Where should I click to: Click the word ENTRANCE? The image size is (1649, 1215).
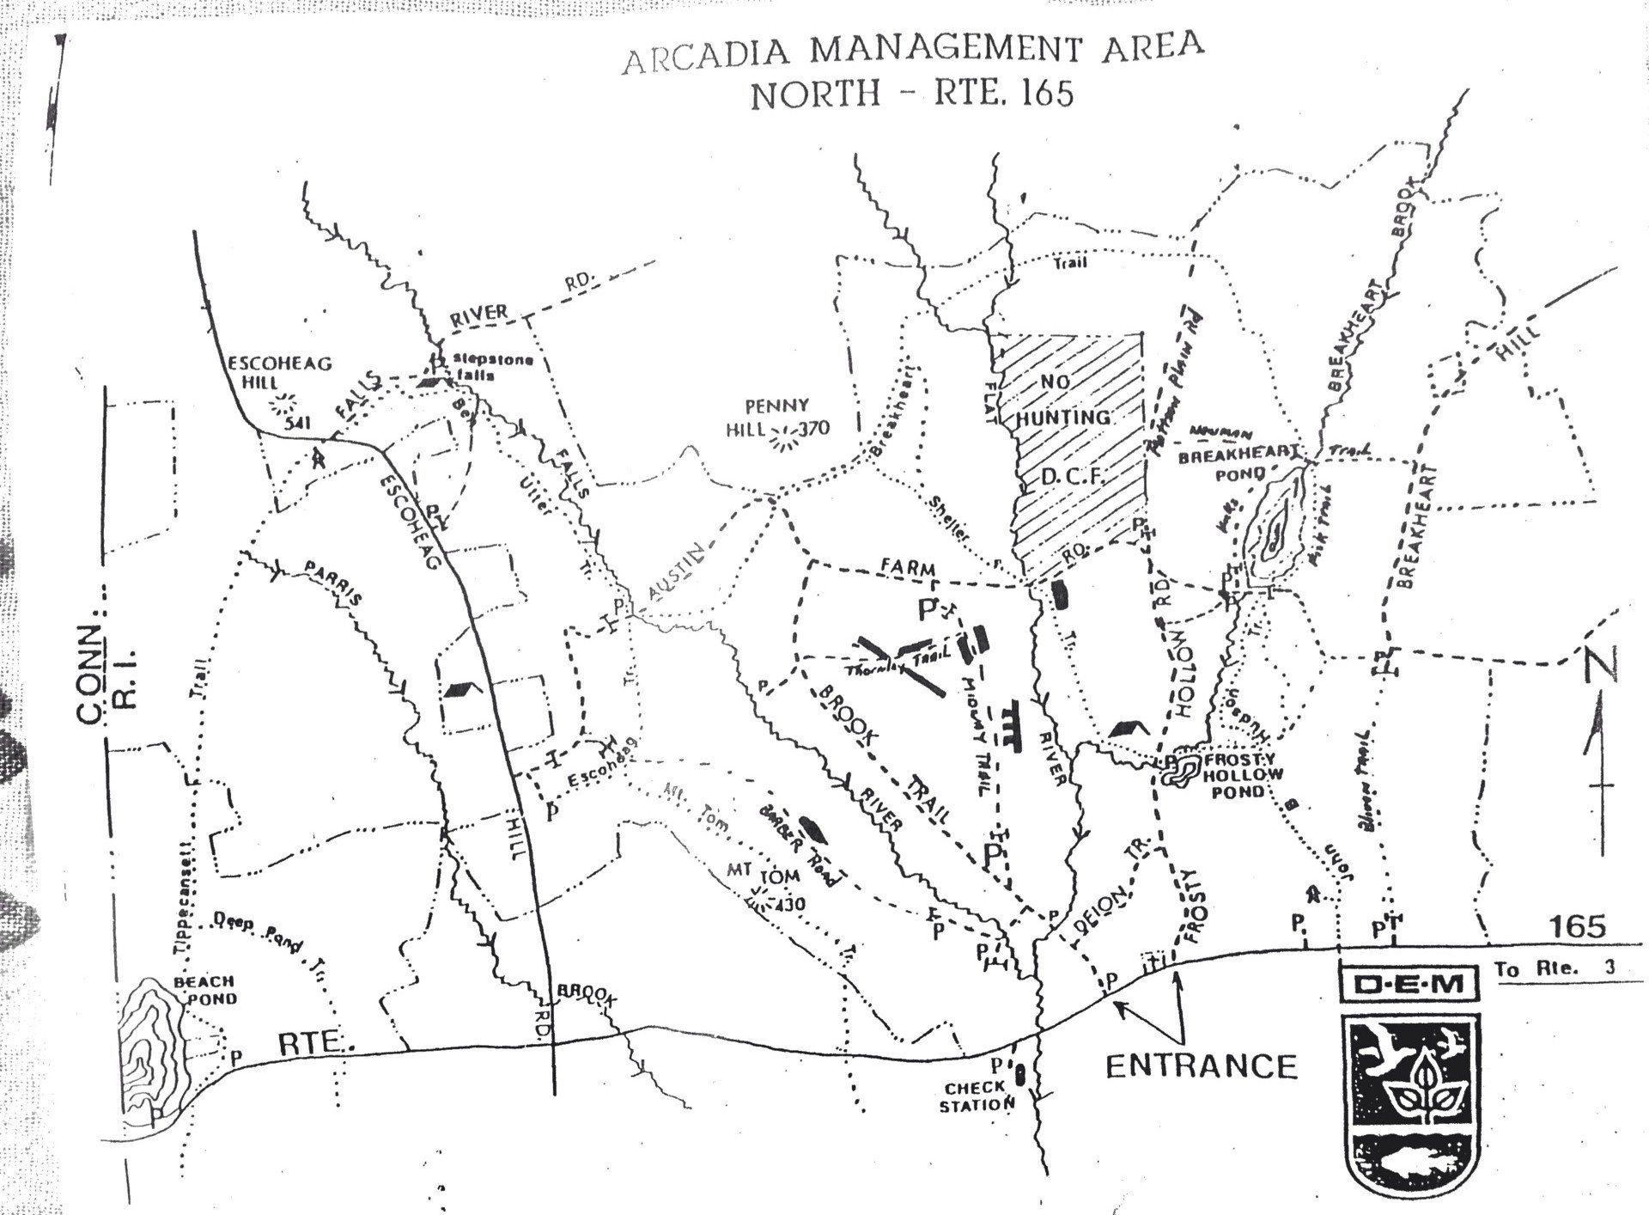[1200, 1066]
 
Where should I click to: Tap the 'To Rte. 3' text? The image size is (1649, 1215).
[1554, 968]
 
